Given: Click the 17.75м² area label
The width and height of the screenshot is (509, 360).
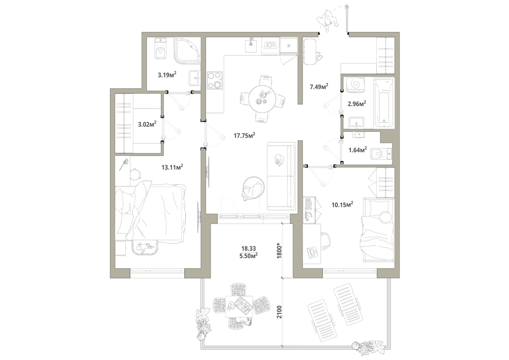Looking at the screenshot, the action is (244, 135).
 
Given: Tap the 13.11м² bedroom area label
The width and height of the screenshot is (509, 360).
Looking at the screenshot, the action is (172, 167).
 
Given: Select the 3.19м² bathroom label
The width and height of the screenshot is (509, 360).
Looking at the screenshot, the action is (167, 75).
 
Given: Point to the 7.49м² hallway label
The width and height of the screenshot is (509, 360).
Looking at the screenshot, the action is (319, 87).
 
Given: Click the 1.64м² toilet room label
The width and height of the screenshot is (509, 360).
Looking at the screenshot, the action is (358, 150).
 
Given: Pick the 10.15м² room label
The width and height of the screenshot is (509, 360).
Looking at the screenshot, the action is (342, 205).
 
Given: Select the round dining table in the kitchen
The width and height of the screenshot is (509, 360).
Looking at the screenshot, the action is (261, 99).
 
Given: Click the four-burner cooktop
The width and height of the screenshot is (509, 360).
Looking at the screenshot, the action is (215, 80).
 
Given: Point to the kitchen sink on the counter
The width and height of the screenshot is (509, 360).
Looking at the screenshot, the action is (251, 45).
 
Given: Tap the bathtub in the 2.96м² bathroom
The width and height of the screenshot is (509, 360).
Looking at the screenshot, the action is (384, 102).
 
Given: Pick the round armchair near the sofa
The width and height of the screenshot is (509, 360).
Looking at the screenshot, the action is (253, 188).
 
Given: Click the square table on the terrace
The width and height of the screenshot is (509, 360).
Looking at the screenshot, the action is (239, 306).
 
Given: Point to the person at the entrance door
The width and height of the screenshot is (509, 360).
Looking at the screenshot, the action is (328, 20).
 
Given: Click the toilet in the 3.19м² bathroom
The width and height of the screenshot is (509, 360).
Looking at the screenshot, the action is (161, 49).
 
